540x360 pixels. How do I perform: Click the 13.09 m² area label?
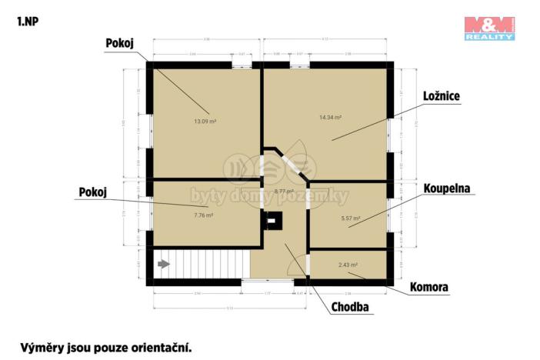click(x=205, y=121)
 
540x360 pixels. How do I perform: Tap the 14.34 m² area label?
click(x=330, y=118)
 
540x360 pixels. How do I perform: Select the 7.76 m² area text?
click(x=202, y=215)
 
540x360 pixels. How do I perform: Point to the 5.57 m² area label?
click(x=351, y=218)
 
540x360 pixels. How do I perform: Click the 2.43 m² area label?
click(x=348, y=265)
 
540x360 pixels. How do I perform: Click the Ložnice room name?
click(x=442, y=96)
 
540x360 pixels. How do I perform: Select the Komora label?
click(x=430, y=288)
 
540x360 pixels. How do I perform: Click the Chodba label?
click(x=350, y=308)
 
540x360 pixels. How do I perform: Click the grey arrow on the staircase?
click(x=163, y=264)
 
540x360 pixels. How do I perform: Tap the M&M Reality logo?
click(x=489, y=28)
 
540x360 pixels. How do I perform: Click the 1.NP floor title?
click(x=26, y=21)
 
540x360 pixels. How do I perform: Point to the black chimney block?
click(x=272, y=222)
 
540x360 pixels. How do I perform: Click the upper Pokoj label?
click(x=119, y=44)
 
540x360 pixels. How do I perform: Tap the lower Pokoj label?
click(x=92, y=192)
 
